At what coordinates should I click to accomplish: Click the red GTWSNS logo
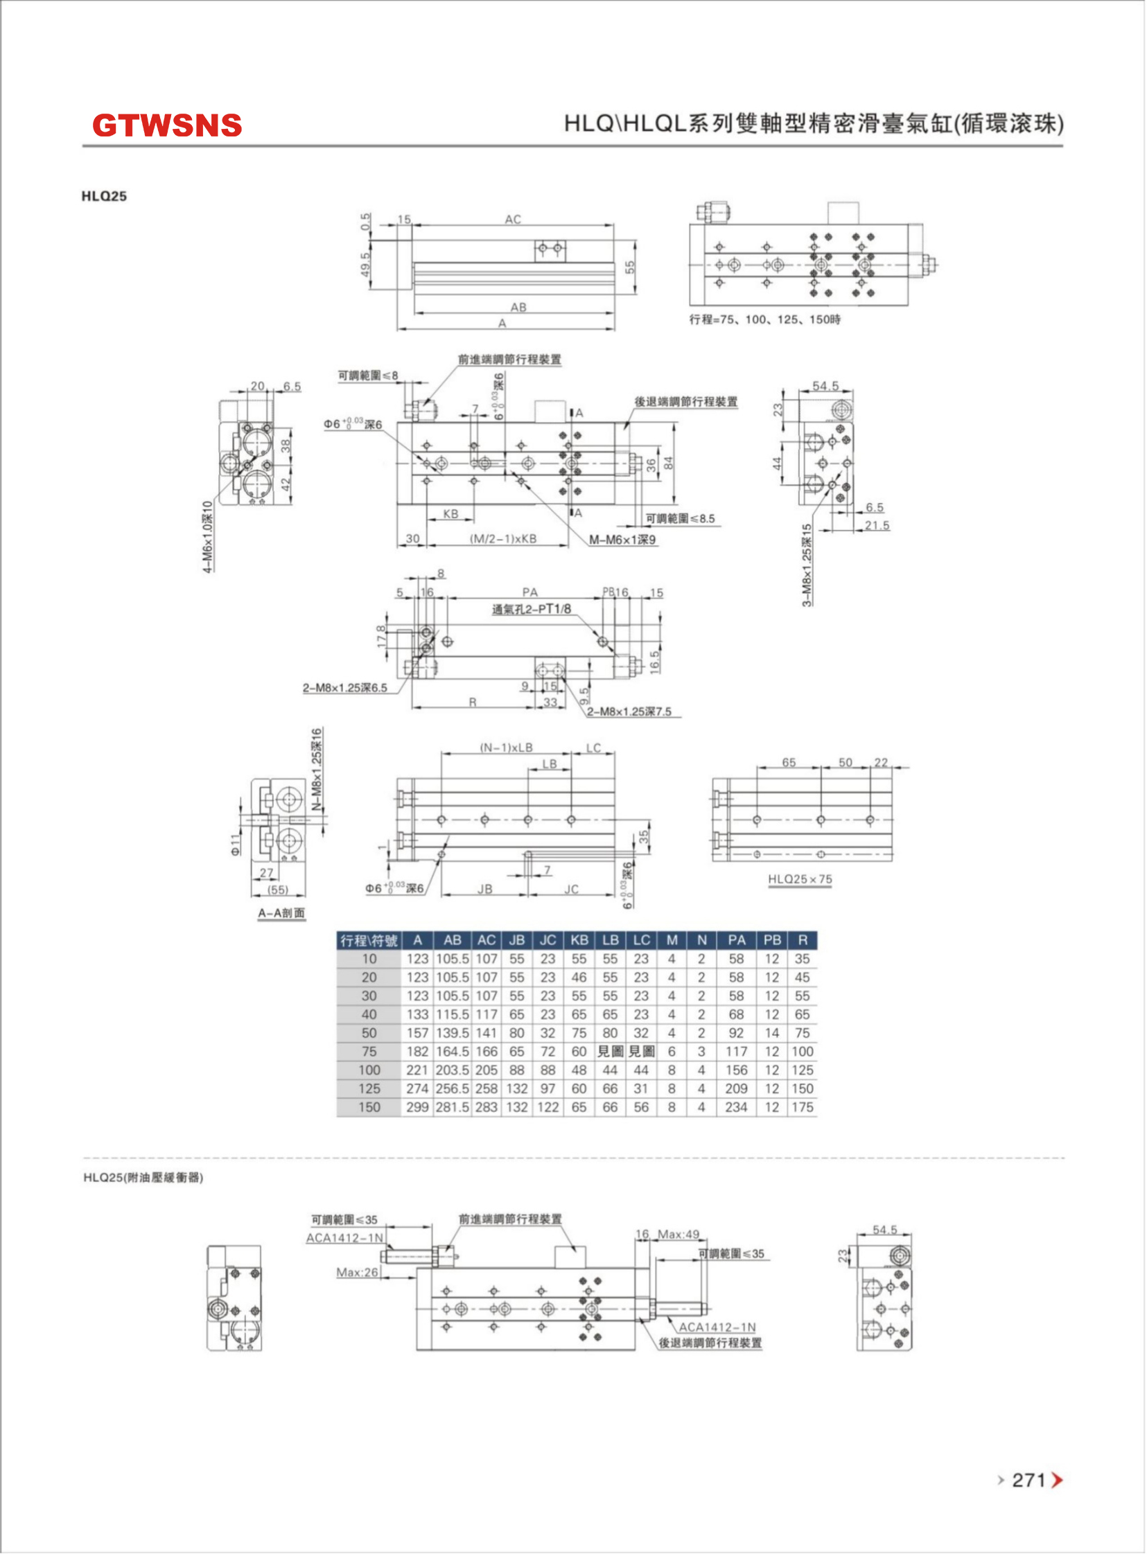pos(166,125)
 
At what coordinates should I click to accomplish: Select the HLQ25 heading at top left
pos(104,197)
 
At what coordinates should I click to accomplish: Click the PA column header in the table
pos(736,940)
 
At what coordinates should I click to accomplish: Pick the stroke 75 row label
pos(369,1052)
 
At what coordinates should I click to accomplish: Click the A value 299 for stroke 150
pos(417,1107)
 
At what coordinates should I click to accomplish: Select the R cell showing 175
pos(802,1107)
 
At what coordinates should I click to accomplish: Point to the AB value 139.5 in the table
pos(452,1033)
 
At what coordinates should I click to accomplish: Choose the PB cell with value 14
pos(771,1033)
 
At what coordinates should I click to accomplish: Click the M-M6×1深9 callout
pos(622,539)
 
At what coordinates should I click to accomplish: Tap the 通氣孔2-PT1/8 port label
pos(532,610)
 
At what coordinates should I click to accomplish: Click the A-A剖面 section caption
pos(281,912)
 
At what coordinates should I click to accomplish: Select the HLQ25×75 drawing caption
pos(800,878)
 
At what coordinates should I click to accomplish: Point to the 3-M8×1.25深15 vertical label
pos(807,565)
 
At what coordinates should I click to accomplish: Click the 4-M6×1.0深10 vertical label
pos(207,536)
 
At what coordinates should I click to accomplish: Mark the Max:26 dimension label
pos(357,1272)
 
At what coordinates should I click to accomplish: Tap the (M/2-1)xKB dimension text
pos(502,538)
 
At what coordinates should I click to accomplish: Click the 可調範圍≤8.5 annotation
pos(680,518)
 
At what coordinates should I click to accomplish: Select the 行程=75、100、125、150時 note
pos(764,320)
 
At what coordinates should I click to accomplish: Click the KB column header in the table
pos(579,940)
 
